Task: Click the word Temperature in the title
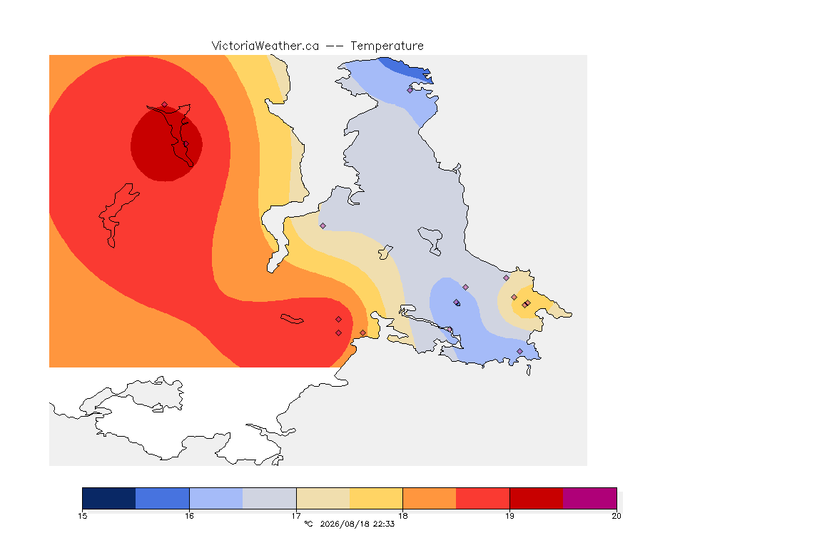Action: point(387,46)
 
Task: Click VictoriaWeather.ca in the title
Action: point(265,46)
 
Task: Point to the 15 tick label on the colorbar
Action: point(82,516)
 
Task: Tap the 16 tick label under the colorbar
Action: point(189,516)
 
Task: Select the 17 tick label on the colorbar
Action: point(296,516)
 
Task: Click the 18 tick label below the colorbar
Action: point(402,516)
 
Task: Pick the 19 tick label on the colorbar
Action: point(509,516)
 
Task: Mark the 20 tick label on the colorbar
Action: point(616,516)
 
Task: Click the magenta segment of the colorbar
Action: point(590,498)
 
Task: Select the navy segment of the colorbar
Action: point(109,498)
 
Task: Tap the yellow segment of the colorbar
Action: point(376,498)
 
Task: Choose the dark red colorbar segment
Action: point(537,498)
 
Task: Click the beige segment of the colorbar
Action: point(323,498)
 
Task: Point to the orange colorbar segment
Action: point(430,498)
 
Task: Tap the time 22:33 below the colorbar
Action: point(384,524)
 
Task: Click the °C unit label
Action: point(308,524)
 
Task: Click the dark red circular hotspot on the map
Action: point(166,143)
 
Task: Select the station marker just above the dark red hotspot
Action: point(165,105)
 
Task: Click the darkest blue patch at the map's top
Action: point(406,69)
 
